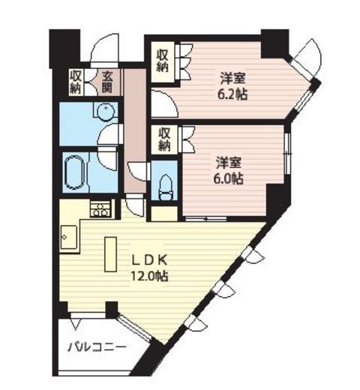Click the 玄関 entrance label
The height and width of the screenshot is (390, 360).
coord(107,82)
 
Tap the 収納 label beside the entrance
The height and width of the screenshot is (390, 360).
coord(76,82)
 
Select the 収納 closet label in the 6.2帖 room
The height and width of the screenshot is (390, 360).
coord(163,61)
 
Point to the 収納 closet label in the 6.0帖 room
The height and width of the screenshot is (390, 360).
coord(164,140)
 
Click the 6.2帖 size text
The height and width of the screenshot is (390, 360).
coord(232,94)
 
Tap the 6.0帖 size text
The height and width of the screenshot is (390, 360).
coord(228,178)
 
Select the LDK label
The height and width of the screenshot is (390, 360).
coord(149,261)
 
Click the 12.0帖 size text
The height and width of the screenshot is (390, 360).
coord(150,276)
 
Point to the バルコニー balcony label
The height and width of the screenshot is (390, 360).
coord(97,347)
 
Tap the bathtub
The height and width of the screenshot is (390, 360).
coord(73,172)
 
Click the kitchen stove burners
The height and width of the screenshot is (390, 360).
coord(100,209)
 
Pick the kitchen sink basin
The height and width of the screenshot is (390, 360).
coord(69,237)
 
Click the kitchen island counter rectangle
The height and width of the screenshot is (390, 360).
coord(111,254)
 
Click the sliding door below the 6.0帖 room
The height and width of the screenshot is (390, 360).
coord(205,219)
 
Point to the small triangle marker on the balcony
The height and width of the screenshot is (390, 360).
coord(75,324)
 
